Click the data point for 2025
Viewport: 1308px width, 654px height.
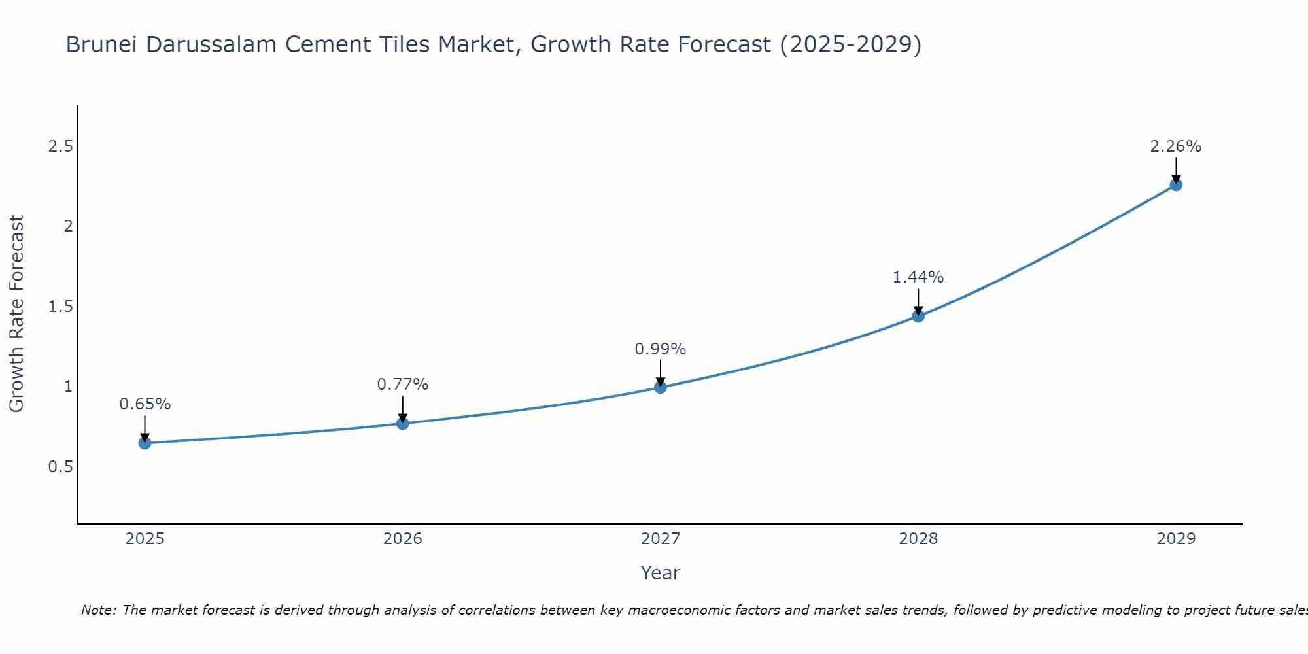pyautogui.click(x=145, y=443)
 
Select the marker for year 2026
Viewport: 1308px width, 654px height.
pyautogui.click(x=402, y=423)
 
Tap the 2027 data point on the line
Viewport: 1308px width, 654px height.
pyautogui.click(x=660, y=387)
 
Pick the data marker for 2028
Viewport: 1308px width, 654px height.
pyautogui.click(x=918, y=316)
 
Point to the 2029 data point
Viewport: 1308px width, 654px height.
pyautogui.click(x=1175, y=184)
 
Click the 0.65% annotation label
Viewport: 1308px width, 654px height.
pyautogui.click(x=145, y=404)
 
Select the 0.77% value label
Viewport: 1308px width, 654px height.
pyautogui.click(x=402, y=385)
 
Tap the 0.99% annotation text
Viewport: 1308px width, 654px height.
pyautogui.click(x=660, y=349)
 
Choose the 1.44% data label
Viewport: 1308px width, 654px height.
pyautogui.click(x=918, y=277)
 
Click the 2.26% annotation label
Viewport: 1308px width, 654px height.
pyautogui.click(x=1175, y=146)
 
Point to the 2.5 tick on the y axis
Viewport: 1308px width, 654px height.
pyautogui.click(x=60, y=146)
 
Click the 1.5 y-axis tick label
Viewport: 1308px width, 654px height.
pyautogui.click(x=60, y=307)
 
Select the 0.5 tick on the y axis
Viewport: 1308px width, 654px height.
pyautogui.click(x=60, y=467)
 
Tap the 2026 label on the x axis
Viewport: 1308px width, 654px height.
pyautogui.click(x=402, y=539)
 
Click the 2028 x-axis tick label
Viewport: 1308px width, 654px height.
pyautogui.click(x=918, y=539)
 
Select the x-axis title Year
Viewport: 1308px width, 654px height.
pyautogui.click(x=660, y=573)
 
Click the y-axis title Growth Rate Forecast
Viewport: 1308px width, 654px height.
pyautogui.click(x=16, y=314)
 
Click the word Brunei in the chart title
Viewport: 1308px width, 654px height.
pyautogui.click(x=102, y=44)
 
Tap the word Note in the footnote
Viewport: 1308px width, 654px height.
pyautogui.click(x=97, y=610)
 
